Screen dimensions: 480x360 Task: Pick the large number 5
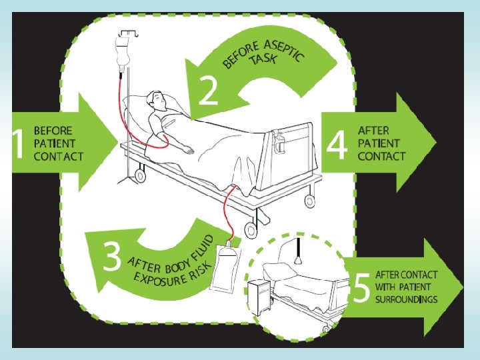(x=361, y=287)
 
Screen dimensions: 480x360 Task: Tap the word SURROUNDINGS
(x=407, y=299)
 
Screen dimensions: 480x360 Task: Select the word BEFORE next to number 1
(x=53, y=131)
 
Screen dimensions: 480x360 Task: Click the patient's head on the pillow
(x=158, y=101)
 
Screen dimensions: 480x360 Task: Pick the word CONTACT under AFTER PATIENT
(x=381, y=156)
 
